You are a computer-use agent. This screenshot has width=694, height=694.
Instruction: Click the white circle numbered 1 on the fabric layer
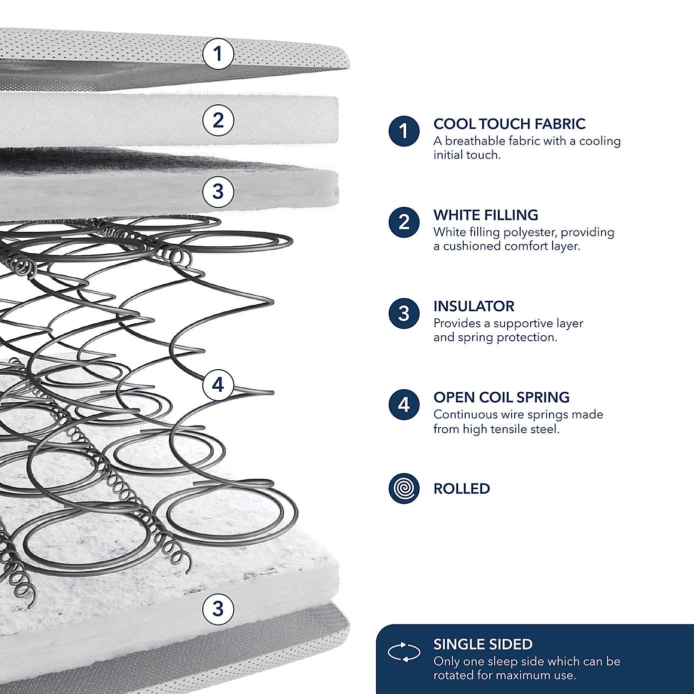[218, 53]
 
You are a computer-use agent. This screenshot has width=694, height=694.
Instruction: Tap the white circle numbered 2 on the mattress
[218, 120]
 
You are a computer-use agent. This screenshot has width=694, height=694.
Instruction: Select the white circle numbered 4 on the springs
[218, 385]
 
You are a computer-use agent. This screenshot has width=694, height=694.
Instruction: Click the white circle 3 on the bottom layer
[218, 609]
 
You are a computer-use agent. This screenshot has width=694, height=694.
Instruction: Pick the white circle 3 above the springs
[218, 191]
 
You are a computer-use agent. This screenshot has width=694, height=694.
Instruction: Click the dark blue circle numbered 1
[404, 131]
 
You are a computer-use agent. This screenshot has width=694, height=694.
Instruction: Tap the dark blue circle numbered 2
[404, 222]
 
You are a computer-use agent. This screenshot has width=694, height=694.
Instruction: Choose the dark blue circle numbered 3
[404, 313]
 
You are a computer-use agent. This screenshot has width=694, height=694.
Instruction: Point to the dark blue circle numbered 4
[404, 404]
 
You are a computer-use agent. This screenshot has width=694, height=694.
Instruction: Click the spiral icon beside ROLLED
[404, 488]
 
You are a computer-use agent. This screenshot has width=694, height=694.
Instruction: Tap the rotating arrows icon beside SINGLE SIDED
[404, 652]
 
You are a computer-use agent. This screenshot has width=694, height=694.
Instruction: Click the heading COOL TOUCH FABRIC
[509, 124]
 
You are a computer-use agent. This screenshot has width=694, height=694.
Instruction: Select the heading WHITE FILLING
[486, 215]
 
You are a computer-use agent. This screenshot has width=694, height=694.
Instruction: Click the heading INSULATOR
[474, 306]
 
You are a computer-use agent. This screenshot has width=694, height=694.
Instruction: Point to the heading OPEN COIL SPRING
[501, 397]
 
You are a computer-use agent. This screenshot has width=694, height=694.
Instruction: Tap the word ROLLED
[462, 489]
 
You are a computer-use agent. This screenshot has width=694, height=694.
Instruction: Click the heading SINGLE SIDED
[483, 645]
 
